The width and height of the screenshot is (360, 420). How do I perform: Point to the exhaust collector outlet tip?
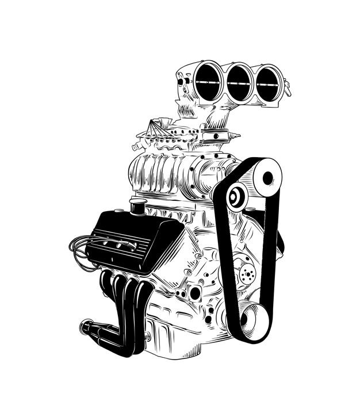coord(86,327)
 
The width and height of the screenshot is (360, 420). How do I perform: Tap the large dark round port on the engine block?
coord(196,293)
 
